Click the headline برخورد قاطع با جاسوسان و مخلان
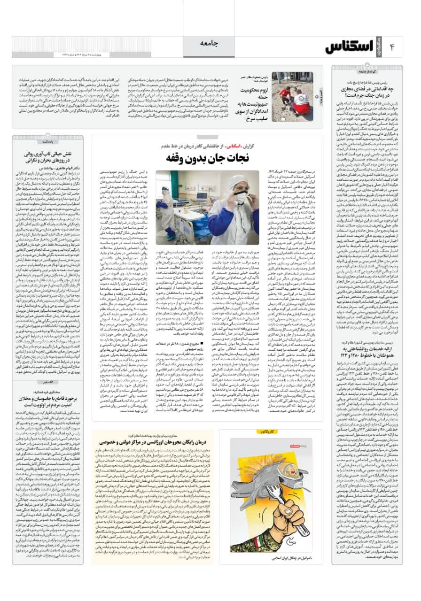pyautogui.click(x=47, y=405)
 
